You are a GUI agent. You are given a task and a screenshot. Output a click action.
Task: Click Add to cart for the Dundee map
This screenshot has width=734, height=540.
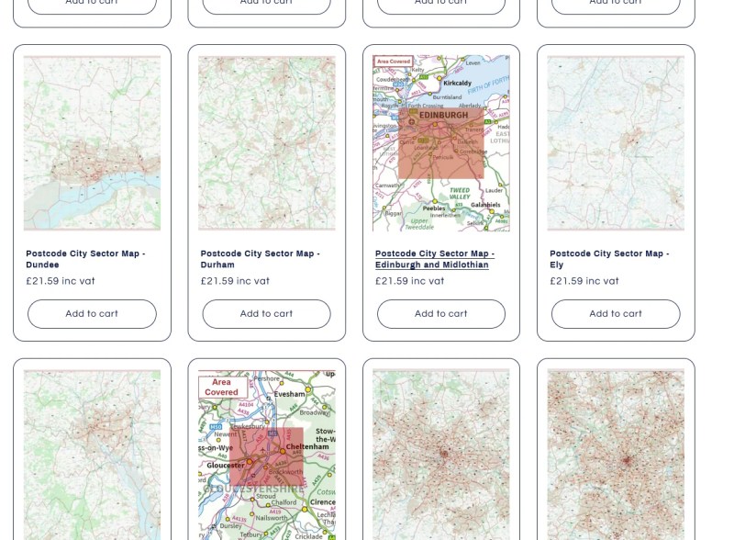pyautogui.click(x=92, y=313)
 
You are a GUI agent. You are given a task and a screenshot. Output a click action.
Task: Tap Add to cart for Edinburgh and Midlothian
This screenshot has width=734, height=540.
pyautogui.click(x=441, y=313)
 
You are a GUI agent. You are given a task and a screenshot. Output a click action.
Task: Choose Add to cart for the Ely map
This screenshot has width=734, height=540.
pyautogui.click(x=616, y=313)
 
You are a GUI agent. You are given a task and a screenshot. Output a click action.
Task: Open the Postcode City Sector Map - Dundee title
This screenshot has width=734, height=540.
pyautogui.click(x=85, y=259)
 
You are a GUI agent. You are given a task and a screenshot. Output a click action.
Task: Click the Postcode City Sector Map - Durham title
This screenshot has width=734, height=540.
pyautogui.click(x=261, y=259)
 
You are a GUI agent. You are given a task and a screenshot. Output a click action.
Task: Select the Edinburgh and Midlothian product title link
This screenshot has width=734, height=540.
pyautogui.click(x=435, y=259)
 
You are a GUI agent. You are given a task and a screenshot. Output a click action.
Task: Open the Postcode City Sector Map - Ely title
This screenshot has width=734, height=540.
pyautogui.click(x=609, y=259)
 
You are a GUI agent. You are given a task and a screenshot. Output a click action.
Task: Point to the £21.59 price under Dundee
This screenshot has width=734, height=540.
pyautogui.click(x=61, y=281)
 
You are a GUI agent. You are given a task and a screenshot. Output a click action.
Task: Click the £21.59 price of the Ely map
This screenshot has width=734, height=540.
pyautogui.click(x=584, y=281)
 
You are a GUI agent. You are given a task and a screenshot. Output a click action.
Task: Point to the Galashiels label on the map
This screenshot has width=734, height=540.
pyautogui.click(x=486, y=205)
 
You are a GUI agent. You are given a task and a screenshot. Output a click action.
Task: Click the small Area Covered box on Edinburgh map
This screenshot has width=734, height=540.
pyautogui.click(x=394, y=61)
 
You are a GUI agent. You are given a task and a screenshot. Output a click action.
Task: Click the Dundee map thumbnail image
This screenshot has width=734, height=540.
pyautogui.click(x=92, y=142)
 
